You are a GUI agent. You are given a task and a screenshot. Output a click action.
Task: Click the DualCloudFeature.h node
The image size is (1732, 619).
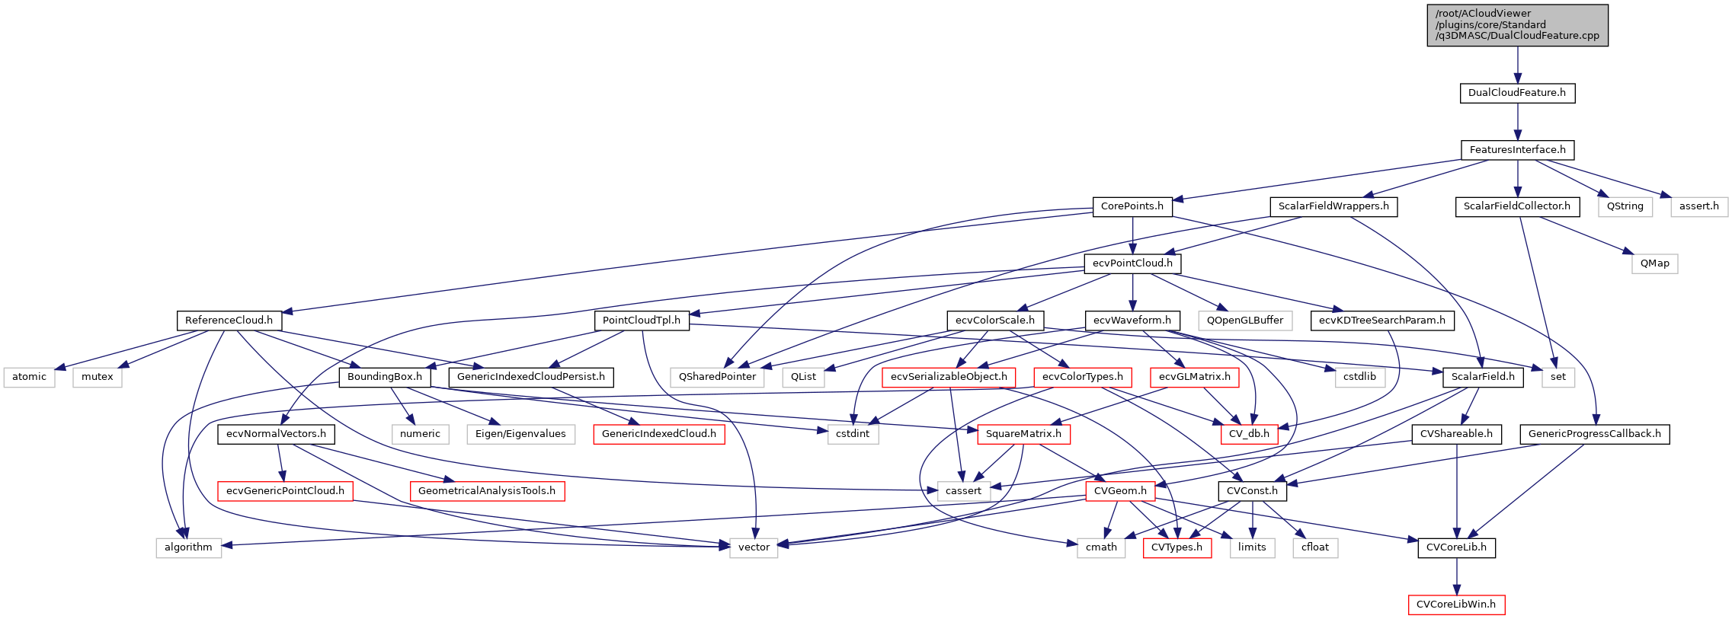(1516, 93)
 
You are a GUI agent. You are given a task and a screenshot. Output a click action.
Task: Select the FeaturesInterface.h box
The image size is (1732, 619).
(1517, 150)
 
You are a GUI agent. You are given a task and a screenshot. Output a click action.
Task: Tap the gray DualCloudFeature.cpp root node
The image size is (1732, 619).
(1517, 25)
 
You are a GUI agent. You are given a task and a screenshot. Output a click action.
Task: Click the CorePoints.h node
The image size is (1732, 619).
(1132, 206)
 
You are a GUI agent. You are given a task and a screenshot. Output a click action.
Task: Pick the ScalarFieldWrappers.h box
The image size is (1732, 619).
(1333, 206)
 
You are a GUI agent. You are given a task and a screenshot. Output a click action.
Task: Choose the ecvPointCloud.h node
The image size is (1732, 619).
(1132, 263)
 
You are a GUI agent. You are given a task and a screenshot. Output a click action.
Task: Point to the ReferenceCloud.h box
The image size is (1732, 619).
(229, 321)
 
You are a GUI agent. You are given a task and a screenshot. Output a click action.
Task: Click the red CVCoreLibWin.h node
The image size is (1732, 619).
(1455, 605)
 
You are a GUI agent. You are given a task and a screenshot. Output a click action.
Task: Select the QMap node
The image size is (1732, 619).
(1654, 263)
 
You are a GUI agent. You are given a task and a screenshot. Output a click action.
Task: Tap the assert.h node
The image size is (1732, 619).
(1698, 206)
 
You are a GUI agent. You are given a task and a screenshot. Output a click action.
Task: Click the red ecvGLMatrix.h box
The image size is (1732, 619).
(1194, 377)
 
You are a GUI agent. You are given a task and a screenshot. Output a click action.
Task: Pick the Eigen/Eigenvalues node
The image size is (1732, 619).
(520, 434)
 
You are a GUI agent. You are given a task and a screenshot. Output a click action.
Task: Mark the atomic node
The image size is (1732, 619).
(29, 377)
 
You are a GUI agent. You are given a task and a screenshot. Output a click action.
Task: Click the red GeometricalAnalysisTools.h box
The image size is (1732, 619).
(486, 491)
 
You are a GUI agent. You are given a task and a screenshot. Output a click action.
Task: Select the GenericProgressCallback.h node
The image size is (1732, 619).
(1594, 434)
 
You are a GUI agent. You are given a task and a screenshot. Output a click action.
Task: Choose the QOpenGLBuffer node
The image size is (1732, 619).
(1244, 321)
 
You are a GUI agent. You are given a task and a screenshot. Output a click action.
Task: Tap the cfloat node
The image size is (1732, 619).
(1314, 547)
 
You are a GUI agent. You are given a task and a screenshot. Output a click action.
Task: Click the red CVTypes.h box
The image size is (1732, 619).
(1177, 547)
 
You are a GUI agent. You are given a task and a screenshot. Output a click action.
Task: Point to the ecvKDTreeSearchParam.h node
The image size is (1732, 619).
(1381, 321)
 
